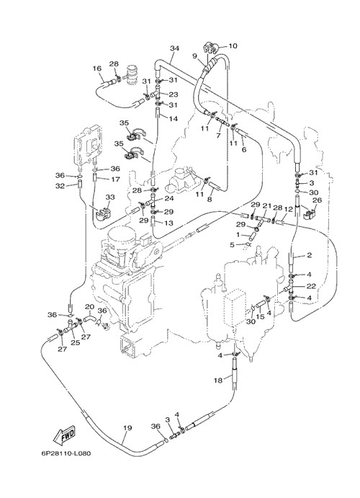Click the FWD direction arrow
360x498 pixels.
pos(65,435)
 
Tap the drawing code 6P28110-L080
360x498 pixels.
pos(66,453)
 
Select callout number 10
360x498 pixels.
pos(233,46)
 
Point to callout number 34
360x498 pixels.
pos(174,48)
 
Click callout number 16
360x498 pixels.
pos(97,68)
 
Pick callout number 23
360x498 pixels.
pos(174,94)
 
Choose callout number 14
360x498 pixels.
pos(174,119)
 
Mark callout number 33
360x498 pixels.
pos(110,197)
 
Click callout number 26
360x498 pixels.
pos(317,200)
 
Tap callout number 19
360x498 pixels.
pos(127,428)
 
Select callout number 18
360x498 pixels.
pos(218,381)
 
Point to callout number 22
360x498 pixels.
pos(311,286)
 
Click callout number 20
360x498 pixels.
pos(90,307)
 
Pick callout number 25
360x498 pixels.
pos(75,343)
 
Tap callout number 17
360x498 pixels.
pos(115,179)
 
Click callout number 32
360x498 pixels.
pos(60,186)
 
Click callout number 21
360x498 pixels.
pos(266,206)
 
